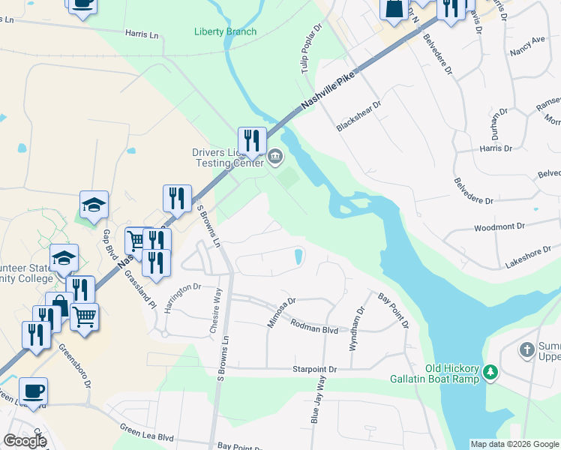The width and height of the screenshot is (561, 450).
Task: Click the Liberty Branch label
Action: [x=225, y=31]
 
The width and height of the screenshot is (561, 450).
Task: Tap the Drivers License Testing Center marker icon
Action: [x=275, y=157]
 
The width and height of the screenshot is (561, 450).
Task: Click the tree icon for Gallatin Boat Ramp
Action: [x=490, y=372]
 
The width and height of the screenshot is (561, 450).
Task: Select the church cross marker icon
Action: [x=527, y=349]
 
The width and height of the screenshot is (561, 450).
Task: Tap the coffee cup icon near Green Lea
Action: [x=33, y=391]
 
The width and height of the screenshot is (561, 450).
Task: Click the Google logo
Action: [x=25, y=441]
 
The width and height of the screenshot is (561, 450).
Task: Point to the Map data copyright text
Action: [x=514, y=444]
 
